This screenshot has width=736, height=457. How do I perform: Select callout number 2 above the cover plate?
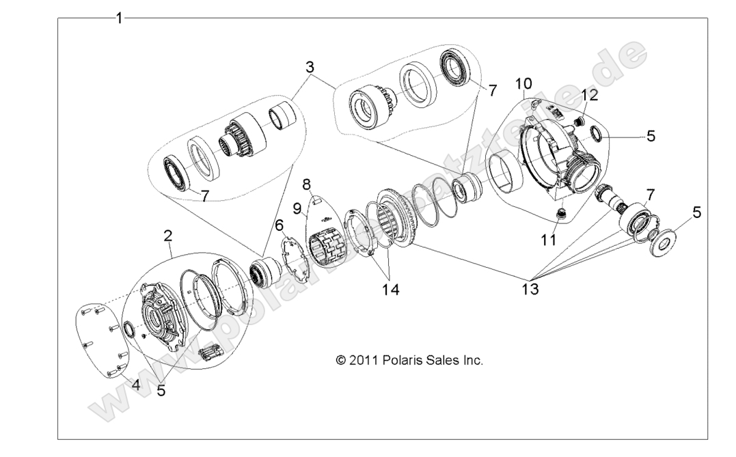tap(167, 236)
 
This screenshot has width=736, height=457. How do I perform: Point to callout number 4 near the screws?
tap(135, 385)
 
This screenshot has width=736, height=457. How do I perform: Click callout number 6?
tap(279, 225)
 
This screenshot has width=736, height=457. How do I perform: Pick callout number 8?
tap(307, 184)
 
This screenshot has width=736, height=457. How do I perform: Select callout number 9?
tap(297, 207)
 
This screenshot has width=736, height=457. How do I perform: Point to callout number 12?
tap(590, 94)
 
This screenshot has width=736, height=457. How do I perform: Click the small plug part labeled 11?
tap(560, 216)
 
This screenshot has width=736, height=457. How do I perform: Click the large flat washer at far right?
tap(661, 243)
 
